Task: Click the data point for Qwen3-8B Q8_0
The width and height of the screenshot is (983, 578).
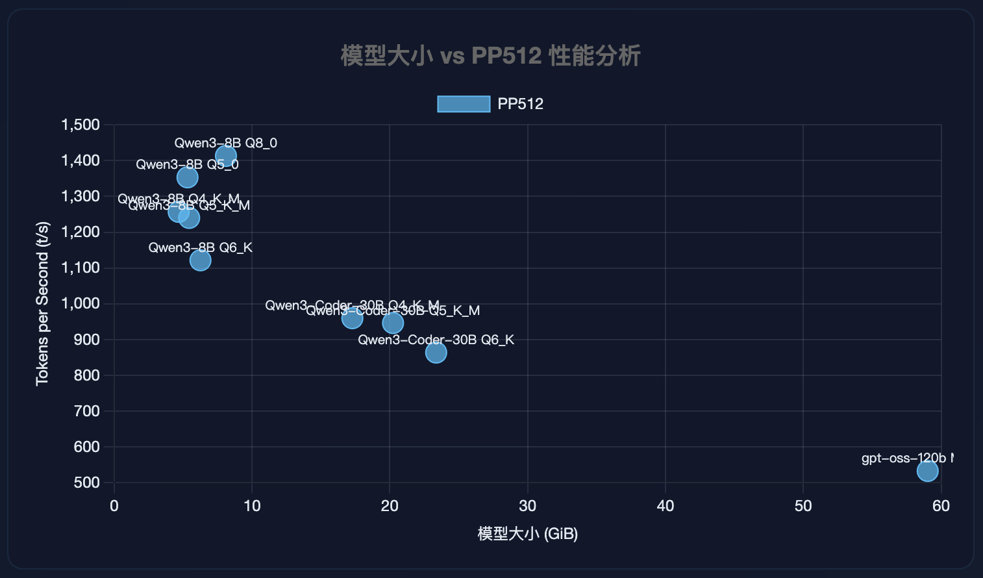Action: [225, 157]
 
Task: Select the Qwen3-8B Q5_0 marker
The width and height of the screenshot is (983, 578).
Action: [187, 177]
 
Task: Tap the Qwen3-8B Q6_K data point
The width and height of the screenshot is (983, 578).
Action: [200, 260]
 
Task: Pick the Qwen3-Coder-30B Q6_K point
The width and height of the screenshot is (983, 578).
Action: [436, 353]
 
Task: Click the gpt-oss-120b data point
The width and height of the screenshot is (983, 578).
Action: [927, 471]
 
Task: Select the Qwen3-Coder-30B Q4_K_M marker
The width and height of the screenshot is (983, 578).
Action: [352, 318]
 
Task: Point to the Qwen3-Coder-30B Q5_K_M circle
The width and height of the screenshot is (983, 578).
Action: [393, 323]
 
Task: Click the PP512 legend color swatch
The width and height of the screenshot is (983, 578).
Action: [464, 104]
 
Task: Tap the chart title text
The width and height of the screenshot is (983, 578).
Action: [491, 56]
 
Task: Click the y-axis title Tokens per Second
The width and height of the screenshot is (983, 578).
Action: [42, 303]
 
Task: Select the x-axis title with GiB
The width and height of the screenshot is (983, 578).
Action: [527, 534]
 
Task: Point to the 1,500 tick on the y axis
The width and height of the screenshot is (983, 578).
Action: [81, 125]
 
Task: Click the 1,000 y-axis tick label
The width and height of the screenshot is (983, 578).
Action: [81, 303]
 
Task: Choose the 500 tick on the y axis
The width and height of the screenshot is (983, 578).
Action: [87, 483]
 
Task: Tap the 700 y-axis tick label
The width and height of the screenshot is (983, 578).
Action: [87, 411]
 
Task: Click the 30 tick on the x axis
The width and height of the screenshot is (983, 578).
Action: [527, 506]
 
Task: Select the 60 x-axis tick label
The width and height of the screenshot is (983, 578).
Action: [941, 506]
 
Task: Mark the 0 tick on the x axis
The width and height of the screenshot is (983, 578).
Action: [114, 506]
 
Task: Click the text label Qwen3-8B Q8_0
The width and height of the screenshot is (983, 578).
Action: [225, 143]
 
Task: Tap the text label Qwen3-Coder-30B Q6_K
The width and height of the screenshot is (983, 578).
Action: [436, 340]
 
